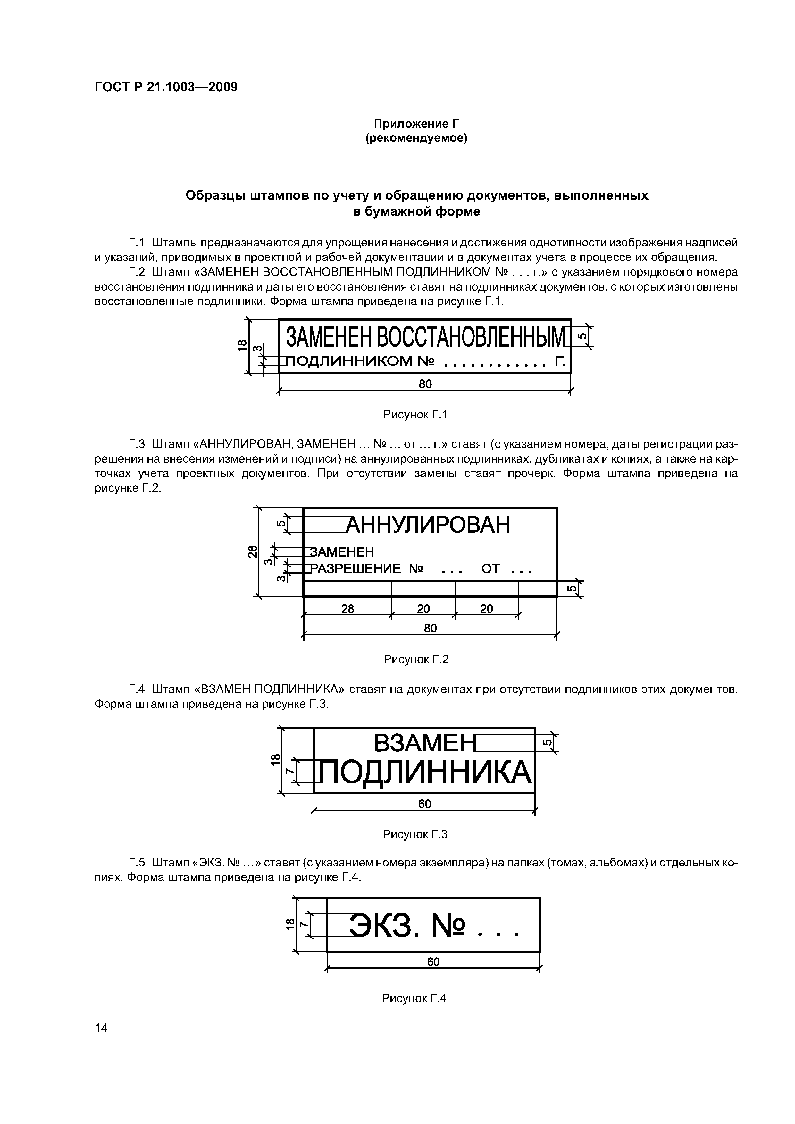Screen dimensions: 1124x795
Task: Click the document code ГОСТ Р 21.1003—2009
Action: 165,87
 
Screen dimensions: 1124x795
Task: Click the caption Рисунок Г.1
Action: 415,415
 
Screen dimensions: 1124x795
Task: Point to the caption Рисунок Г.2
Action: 416,659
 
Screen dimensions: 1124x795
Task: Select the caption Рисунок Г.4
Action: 414,998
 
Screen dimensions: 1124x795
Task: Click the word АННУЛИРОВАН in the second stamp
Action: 429,525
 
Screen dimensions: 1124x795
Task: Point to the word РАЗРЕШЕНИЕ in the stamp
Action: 356,569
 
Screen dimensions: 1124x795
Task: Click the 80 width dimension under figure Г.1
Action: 425,384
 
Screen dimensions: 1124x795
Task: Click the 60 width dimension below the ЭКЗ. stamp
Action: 433,962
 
